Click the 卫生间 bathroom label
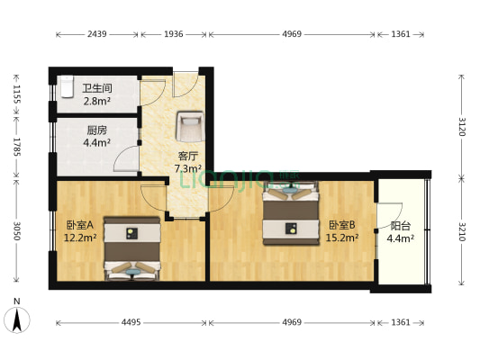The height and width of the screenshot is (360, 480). (97, 88)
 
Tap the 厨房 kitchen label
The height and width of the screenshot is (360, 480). (97, 129)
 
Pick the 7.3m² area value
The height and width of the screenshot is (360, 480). (187, 168)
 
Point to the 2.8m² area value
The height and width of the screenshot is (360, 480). (97, 101)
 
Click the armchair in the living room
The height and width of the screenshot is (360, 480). (189, 126)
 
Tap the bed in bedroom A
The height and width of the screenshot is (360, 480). (131, 247)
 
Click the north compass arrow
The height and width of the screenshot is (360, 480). (16, 318)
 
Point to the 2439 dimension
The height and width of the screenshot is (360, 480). (97, 34)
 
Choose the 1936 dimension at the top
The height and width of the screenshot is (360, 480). (173, 34)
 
